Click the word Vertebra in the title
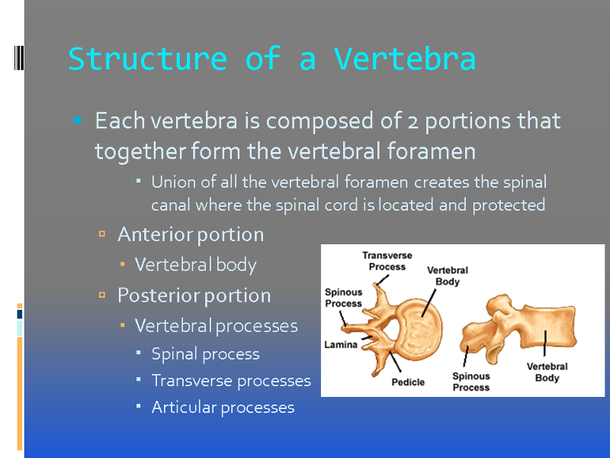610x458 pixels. click(x=405, y=59)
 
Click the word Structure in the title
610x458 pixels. click(x=147, y=59)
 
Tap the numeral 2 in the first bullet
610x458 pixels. click(x=413, y=122)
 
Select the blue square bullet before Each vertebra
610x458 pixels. click(x=78, y=120)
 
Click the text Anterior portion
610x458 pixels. click(x=191, y=234)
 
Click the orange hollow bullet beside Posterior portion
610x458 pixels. click(x=102, y=295)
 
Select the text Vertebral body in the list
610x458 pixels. click(x=196, y=265)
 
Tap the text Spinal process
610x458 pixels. click(x=205, y=354)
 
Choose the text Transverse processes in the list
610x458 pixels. click(x=231, y=380)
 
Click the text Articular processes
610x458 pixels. click(x=223, y=408)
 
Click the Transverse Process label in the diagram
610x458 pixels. click(x=387, y=261)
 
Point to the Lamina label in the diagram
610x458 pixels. click(x=341, y=345)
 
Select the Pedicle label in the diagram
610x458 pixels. click(x=408, y=382)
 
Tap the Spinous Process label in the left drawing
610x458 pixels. click(x=344, y=298)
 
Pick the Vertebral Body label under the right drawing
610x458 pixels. click(x=547, y=372)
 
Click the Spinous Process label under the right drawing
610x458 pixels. click(x=470, y=382)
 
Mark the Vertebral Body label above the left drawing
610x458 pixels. click(x=448, y=276)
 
